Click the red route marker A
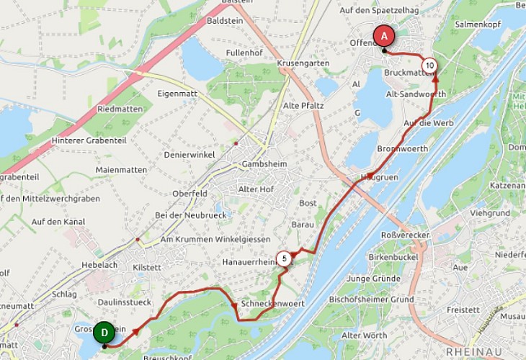(x=384, y=35)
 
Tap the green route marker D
(x=104, y=332)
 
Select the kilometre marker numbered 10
(x=429, y=66)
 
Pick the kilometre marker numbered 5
(x=285, y=258)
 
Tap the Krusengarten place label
(x=303, y=63)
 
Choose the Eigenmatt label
(x=177, y=94)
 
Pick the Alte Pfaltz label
(x=304, y=106)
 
